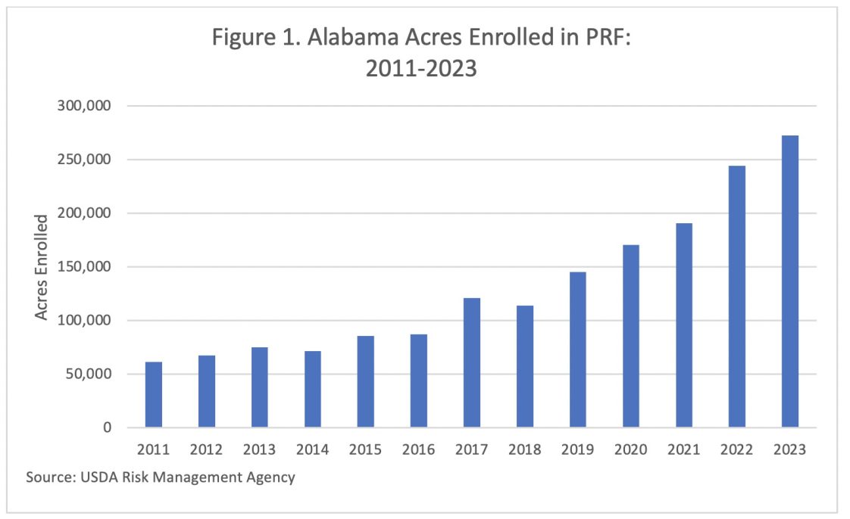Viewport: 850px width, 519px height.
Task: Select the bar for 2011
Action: (x=154, y=395)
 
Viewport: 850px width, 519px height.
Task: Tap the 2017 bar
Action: (x=472, y=363)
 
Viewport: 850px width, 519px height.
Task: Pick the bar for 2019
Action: (x=578, y=350)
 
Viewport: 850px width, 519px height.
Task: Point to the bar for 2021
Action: (x=684, y=325)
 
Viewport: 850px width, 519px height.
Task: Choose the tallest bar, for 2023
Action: (x=790, y=281)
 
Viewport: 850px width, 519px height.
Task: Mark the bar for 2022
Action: (x=737, y=297)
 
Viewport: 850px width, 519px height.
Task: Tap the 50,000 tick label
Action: (x=89, y=374)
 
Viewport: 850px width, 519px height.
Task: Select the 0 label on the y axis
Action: (x=107, y=428)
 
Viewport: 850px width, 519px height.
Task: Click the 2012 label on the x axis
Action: (x=207, y=449)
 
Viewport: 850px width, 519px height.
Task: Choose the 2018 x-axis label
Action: (x=525, y=449)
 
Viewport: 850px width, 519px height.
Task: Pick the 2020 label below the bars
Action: (x=631, y=449)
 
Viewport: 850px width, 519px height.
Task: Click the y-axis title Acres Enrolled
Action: (x=42, y=267)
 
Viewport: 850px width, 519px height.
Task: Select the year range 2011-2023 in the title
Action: (x=421, y=68)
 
